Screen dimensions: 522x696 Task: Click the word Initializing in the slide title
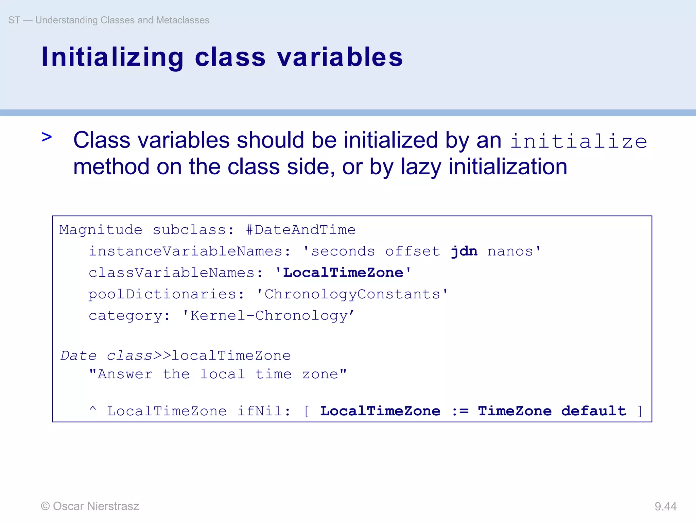click(x=112, y=57)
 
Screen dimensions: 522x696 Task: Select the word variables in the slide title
click(x=340, y=57)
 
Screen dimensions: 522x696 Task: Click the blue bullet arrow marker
click(x=47, y=137)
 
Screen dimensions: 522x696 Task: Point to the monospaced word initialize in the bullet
click(x=578, y=141)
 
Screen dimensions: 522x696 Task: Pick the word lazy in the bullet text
click(x=421, y=167)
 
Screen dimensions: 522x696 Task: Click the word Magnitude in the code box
click(x=101, y=230)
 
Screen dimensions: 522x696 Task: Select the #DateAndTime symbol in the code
click(x=301, y=230)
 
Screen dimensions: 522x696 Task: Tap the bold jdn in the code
click(x=464, y=251)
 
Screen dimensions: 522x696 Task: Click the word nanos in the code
click(x=510, y=251)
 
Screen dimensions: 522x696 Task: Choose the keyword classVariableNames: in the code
click(x=176, y=273)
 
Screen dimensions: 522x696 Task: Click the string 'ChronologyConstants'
click(x=352, y=294)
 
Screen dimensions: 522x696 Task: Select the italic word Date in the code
click(x=79, y=356)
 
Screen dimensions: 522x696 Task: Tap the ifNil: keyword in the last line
click(x=264, y=411)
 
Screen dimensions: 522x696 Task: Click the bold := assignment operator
click(x=460, y=411)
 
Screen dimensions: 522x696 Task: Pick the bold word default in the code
click(x=593, y=411)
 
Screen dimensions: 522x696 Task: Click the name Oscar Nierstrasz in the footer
click(x=96, y=506)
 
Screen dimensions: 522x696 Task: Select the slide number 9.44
click(x=665, y=506)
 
